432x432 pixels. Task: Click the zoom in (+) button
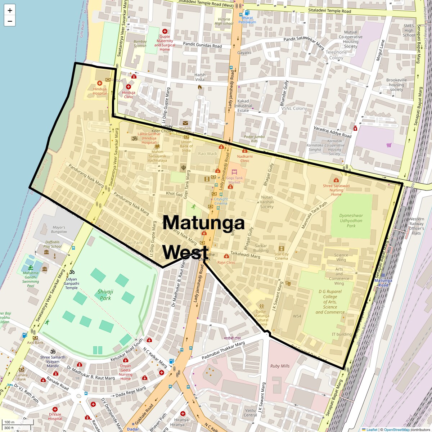[x=10, y=10]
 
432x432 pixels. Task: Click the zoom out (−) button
[x=10, y=21]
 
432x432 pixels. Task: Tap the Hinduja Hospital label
[x=100, y=91]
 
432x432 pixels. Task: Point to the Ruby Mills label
[x=280, y=366]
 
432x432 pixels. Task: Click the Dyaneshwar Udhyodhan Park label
[x=351, y=221]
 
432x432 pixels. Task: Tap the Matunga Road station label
[x=383, y=283]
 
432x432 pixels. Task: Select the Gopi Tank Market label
[x=234, y=180]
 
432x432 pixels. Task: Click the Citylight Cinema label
[x=221, y=201]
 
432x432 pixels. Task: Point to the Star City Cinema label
[x=282, y=256]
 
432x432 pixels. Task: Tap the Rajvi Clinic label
[x=226, y=262]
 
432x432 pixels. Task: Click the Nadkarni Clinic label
[x=245, y=158]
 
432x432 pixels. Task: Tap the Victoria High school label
[x=224, y=21]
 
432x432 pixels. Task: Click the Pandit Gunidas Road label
[x=202, y=46]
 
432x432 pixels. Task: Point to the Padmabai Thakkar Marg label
[x=223, y=349]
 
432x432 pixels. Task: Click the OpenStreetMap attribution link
[x=396, y=429]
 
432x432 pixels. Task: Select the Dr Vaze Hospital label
[x=55, y=416]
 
